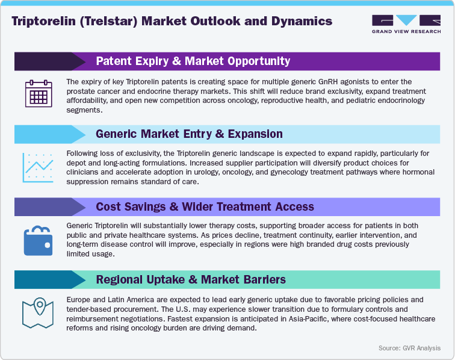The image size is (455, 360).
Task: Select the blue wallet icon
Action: [37, 240]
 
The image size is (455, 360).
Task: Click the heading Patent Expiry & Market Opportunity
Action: [193, 61]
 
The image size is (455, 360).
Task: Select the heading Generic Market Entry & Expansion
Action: [189, 134]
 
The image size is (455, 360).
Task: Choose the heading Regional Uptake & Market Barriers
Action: [191, 279]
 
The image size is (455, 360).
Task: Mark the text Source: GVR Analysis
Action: [409, 348]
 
